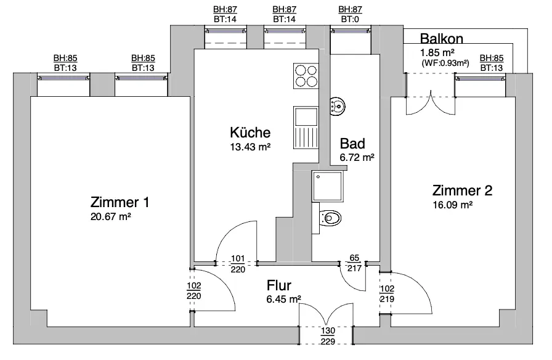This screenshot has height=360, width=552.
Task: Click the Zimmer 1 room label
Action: tap(120, 202)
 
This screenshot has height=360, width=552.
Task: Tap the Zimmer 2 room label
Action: tap(462, 190)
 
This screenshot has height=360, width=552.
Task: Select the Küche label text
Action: tap(250, 133)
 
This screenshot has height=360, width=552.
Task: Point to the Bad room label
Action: tap(353, 144)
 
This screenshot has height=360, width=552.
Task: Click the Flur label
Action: tap(279, 286)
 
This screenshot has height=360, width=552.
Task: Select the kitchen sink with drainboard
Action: tap(305, 127)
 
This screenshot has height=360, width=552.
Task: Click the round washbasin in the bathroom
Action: tap(337, 107)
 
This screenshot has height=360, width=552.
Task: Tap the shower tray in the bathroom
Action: tap(328, 186)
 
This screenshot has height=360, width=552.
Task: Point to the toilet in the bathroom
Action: tap(331, 218)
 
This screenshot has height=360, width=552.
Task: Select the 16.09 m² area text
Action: tap(453, 204)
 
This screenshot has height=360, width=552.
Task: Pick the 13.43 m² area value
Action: tap(250, 147)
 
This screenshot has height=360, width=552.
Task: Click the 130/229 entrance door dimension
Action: tap(327, 335)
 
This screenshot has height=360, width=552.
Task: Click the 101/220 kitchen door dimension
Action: tap(237, 264)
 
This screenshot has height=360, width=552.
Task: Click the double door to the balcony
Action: tap(431, 96)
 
